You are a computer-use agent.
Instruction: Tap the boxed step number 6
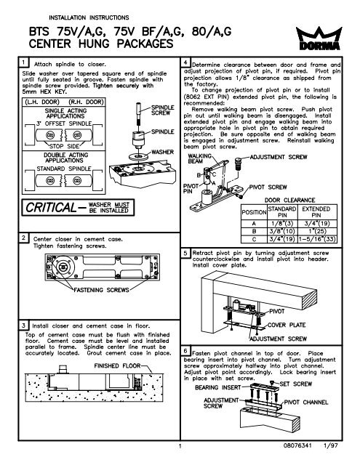point(187,349)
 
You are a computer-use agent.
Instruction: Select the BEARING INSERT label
point(215,389)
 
